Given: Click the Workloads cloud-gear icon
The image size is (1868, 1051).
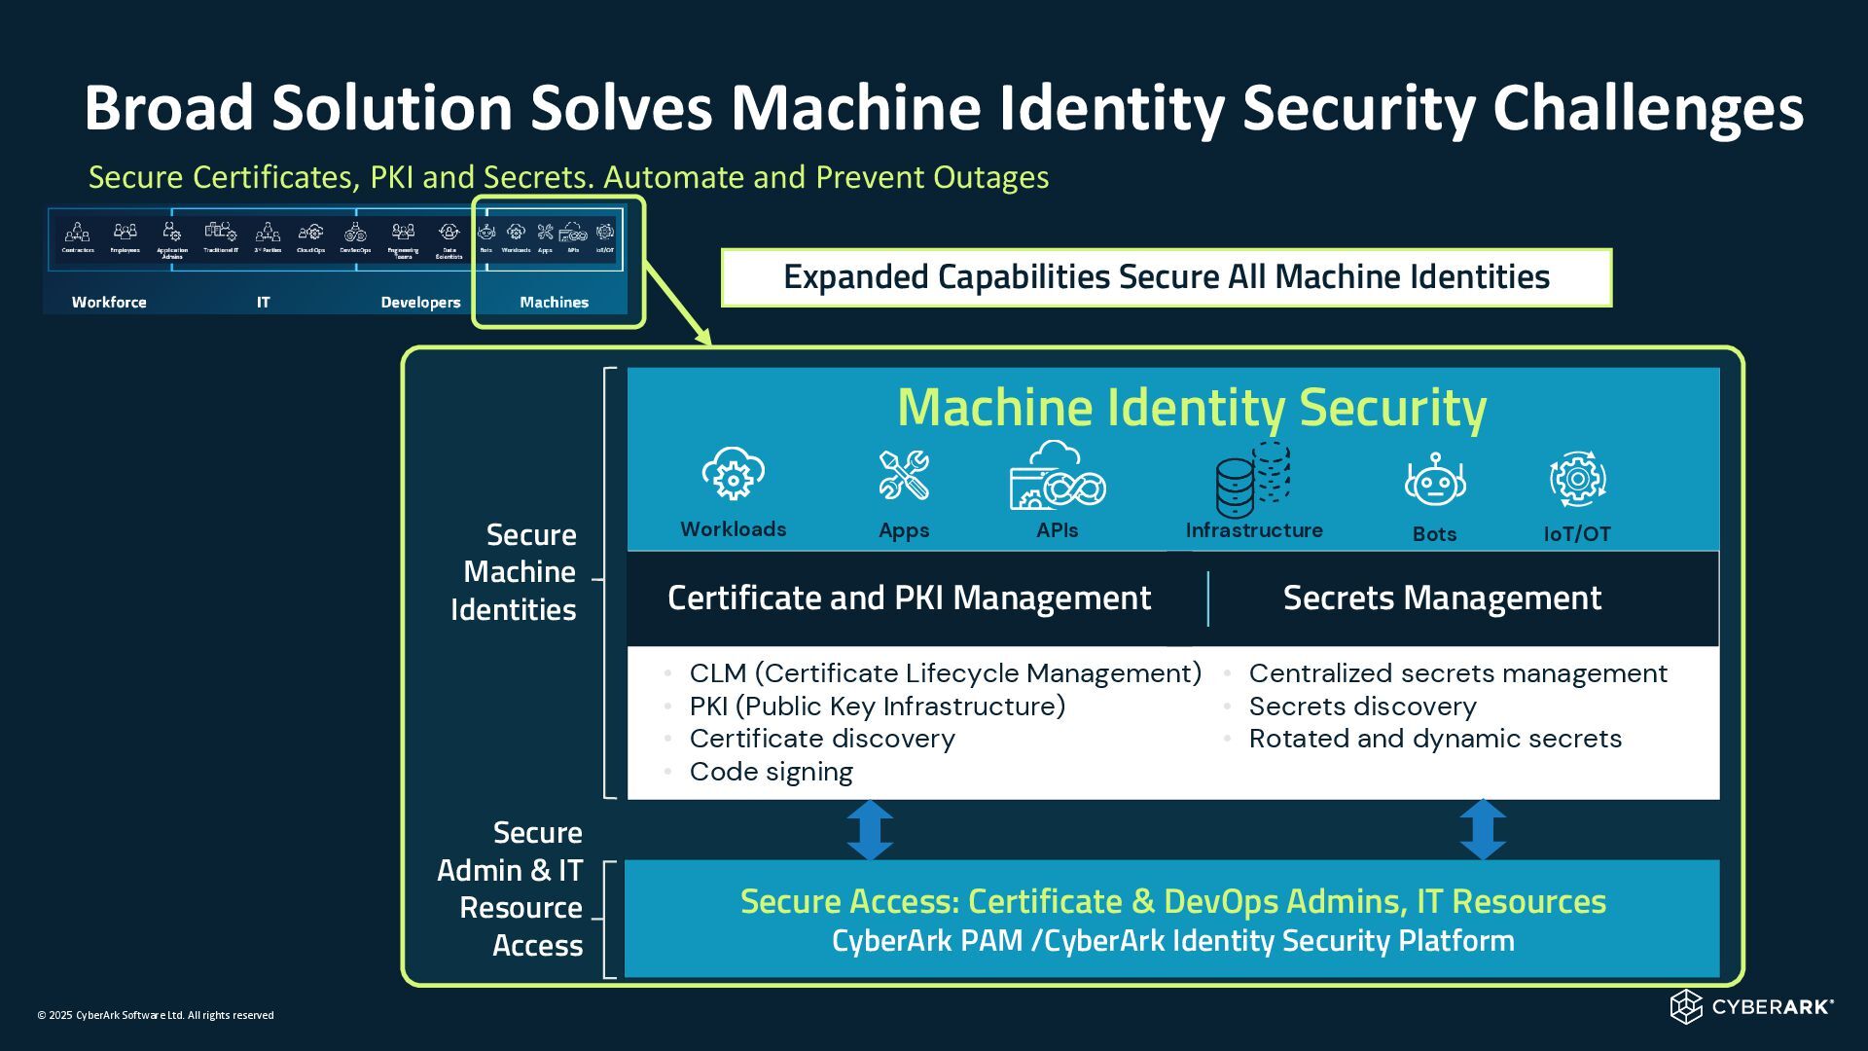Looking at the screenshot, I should [733, 474].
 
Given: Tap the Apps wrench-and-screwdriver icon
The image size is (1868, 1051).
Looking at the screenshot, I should [904, 476].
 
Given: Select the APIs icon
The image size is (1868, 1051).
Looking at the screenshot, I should [1057, 477].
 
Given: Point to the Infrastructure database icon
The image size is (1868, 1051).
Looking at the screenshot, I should [1252, 479].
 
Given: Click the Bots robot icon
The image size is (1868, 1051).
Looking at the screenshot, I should [1434, 480].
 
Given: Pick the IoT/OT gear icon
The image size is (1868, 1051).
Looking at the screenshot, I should [1577, 478].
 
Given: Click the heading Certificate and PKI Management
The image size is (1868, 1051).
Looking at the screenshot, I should [909, 598].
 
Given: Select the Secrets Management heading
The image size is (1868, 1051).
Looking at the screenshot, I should [1442, 598].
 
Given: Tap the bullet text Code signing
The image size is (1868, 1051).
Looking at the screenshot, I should [771, 772].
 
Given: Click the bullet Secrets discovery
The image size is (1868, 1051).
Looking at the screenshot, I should [1362, 707].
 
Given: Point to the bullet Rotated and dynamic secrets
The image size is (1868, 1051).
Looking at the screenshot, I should [1435, 739].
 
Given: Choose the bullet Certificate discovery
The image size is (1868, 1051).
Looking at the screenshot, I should [822, 739].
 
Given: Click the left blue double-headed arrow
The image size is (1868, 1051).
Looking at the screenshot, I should [870, 830].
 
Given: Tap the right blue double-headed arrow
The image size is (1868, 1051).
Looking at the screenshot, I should [1483, 830].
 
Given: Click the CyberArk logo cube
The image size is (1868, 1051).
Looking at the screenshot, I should [1685, 1007].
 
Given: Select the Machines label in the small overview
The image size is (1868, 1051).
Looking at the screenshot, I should [554, 303].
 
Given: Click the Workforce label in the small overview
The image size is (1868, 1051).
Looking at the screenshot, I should [109, 303].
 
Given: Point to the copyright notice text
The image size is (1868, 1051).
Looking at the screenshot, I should [156, 1015].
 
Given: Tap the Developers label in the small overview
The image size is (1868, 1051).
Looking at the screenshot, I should [420, 303].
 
